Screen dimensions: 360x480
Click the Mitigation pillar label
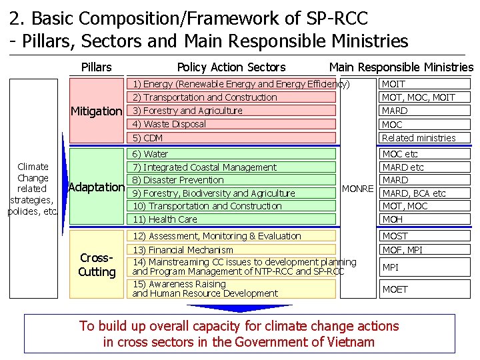point(97,111)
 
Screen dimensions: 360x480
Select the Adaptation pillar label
point(97,187)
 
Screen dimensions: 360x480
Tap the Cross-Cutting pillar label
point(97,265)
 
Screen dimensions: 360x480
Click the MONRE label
point(357,189)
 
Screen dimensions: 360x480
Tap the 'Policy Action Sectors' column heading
point(231,67)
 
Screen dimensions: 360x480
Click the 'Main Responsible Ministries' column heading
point(401,67)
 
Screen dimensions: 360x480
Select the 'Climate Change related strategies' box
point(33,189)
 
